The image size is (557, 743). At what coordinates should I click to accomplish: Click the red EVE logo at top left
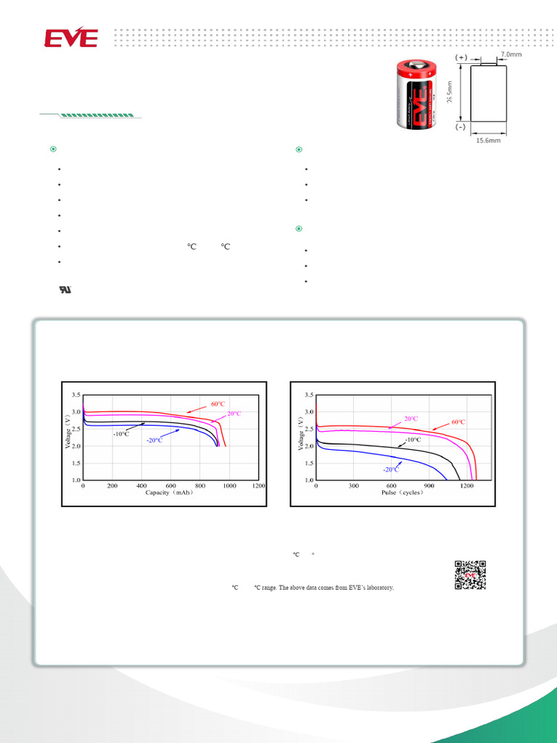pos(71,38)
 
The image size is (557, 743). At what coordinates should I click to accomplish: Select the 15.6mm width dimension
pos(488,140)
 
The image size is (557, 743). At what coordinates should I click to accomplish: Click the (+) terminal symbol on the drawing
pos(461,57)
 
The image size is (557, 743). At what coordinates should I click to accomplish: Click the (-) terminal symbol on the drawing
pos(461,126)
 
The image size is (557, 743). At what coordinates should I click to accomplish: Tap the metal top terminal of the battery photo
pos(416,65)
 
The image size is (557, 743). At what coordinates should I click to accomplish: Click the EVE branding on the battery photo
pos(416,97)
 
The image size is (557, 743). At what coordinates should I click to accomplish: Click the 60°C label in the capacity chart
pos(219,403)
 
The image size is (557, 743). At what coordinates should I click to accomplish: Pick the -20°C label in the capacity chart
pos(154,440)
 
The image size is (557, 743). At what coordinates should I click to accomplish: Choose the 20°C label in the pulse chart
pos(410,419)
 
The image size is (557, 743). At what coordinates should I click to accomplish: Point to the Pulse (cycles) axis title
pos(403,493)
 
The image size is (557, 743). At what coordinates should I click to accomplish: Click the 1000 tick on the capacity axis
pos(229,485)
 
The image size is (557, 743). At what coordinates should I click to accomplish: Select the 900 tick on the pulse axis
pos(429,485)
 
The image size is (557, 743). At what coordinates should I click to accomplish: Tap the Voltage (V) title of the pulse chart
pos(300,434)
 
